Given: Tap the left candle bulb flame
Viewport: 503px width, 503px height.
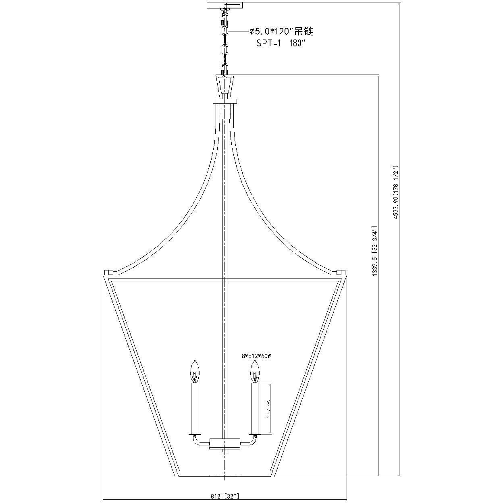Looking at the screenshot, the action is [195, 372].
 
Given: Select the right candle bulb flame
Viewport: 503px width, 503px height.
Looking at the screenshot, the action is [254, 372].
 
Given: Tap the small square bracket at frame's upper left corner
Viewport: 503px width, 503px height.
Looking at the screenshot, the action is [108, 272].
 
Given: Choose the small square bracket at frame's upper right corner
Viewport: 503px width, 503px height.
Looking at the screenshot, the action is [341, 272].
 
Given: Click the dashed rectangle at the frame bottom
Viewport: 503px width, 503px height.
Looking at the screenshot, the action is [224, 476].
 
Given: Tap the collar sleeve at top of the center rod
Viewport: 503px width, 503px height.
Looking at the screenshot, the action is [224, 111].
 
